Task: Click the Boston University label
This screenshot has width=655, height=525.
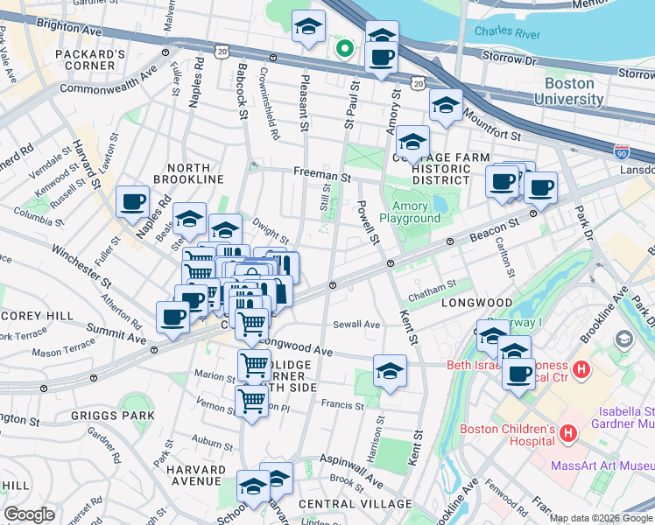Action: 574,91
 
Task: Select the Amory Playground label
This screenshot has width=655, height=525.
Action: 410,212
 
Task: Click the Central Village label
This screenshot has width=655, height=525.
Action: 355,504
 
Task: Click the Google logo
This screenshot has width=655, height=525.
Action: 28,514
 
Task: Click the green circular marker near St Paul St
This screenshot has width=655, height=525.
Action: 345,49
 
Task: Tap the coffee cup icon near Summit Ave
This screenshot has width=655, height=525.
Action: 173,317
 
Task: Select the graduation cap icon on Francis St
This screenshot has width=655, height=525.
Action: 390,371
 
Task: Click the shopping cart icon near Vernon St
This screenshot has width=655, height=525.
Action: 251,401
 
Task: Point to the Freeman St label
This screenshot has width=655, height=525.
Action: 321,178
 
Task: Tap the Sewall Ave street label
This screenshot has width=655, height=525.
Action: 356,325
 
